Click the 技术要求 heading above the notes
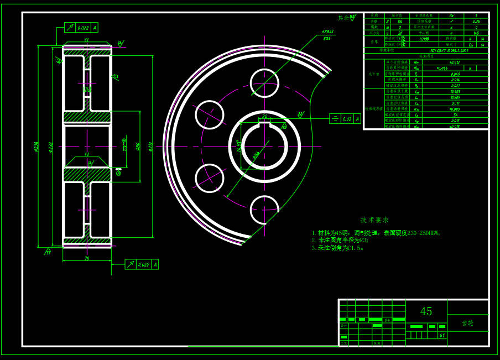point(374,220)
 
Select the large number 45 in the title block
point(426,311)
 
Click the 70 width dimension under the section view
point(87,258)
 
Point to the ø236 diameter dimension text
point(37,147)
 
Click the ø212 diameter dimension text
point(150,147)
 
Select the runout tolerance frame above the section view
point(81,27)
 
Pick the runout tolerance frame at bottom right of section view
point(142,264)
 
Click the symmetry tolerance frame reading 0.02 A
point(345,118)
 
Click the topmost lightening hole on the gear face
point(264,84)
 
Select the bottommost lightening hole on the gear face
point(264,210)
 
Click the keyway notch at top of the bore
point(264,124)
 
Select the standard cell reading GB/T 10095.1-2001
point(426,50)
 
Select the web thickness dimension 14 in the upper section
point(87,88)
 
